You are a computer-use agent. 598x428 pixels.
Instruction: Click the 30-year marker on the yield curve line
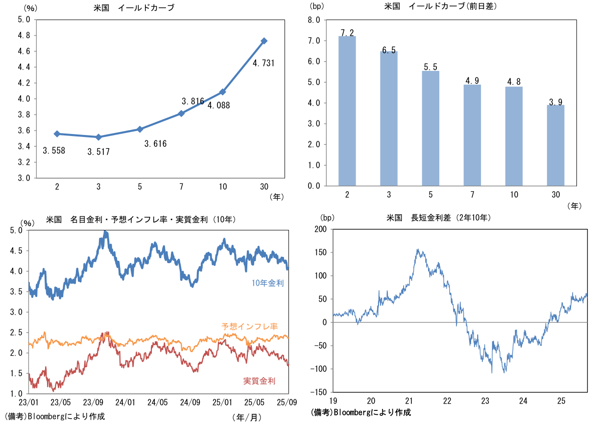click(264, 41)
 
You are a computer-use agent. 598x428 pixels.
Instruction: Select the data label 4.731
click(263, 63)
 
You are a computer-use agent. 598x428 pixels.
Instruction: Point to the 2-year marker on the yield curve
click(57, 134)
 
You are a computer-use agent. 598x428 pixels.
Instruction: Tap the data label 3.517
click(98, 152)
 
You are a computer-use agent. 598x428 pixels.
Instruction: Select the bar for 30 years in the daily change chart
click(555, 145)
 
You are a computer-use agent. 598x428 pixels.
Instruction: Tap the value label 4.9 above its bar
click(472, 80)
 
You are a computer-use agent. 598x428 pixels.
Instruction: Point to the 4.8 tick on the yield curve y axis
click(24, 36)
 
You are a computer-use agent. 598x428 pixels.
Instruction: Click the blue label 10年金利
click(267, 283)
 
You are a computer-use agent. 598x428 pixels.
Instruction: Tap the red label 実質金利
click(259, 381)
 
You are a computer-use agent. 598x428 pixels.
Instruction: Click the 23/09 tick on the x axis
click(93, 403)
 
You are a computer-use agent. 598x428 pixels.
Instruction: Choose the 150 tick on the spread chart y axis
click(321, 252)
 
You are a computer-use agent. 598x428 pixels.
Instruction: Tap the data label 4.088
click(218, 105)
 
